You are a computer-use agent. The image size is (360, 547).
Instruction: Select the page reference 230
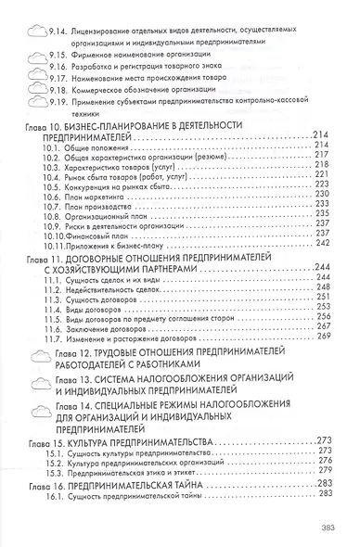click(323, 209)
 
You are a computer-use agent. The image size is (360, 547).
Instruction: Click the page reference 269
click(323, 337)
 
